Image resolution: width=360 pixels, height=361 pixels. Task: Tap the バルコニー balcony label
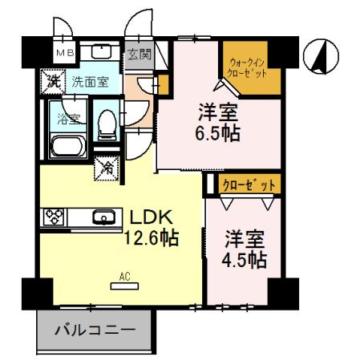tap(95, 329)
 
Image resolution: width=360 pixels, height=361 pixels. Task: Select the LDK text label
tap(148, 217)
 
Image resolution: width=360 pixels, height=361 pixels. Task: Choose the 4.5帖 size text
tap(245, 259)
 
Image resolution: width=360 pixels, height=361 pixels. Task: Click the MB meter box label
tap(63, 54)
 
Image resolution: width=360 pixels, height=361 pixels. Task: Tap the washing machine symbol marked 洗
tap(51, 80)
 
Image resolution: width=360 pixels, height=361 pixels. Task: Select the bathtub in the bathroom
tap(69, 147)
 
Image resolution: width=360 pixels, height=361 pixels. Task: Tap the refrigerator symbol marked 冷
tap(106, 168)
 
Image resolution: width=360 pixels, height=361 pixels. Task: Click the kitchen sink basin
tap(101, 217)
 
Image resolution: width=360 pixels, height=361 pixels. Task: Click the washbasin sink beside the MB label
tap(99, 53)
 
